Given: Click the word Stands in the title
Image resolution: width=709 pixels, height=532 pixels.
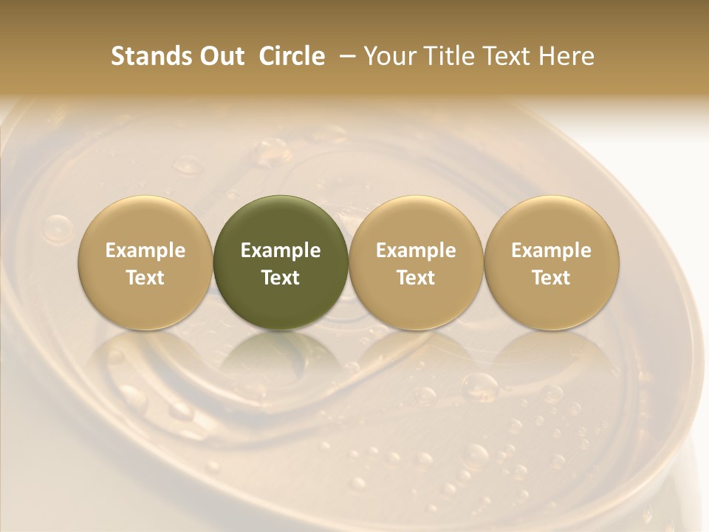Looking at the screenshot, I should pyautogui.click(x=145, y=56).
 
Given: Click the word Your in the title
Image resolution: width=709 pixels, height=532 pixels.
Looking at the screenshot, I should pyautogui.click(x=390, y=56).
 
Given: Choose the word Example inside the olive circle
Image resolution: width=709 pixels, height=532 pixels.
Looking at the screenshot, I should pyautogui.click(x=281, y=250).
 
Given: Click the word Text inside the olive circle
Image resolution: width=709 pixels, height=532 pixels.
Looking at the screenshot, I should pyautogui.click(x=281, y=278).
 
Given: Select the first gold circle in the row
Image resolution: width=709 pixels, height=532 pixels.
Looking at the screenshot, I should pyautogui.click(x=145, y=262).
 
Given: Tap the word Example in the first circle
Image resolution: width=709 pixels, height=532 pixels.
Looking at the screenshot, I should pyautogui.click(x=145, y=250).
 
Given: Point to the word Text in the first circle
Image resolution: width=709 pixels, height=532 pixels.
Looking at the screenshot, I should pyautogui.click(x=145, y=278).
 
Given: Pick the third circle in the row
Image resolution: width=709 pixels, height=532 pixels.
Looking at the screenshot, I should pyautogui.click(x=416, y=262).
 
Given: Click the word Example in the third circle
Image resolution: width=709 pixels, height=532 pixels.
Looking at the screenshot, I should pyautogui.click(x=416, y=250).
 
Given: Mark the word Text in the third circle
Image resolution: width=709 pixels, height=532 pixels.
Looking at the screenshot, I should pyautogui.click(x=416, y=278).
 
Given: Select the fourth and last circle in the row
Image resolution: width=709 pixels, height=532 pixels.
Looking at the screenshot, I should pyautogui.click(x=552, y=262).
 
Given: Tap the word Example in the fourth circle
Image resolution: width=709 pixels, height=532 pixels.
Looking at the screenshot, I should pyautogui.click(x=552, y=250).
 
